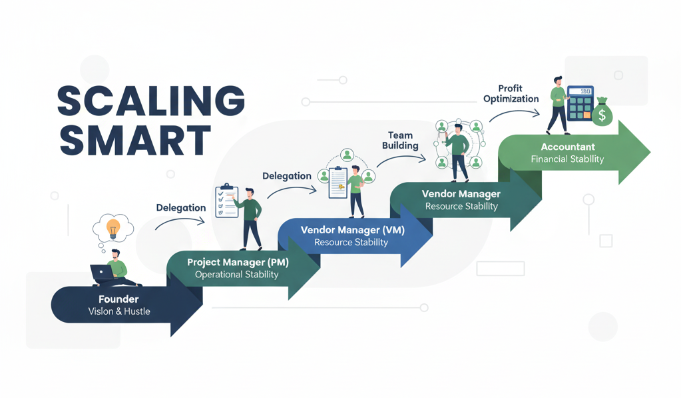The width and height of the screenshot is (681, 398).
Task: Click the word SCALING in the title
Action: pyautogui.click(x=151, y=101)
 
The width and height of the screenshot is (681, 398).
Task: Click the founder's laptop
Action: pyautogui.click(x=103, y=273)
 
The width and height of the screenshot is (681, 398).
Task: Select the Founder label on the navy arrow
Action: pyautogui.click(x=118, y=299)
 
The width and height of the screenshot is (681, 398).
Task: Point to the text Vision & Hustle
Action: pyautogui.click(x=119, y=311)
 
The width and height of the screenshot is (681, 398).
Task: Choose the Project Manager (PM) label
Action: pyautogui.click(x=237, y=263)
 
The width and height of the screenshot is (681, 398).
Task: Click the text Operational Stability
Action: pyautogui.click(x=237, y=275)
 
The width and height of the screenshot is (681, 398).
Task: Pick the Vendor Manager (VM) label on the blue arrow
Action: pyautogui.click(x=352, y=230)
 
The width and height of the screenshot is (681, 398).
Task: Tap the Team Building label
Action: pyautogui.click(x=400, y=141)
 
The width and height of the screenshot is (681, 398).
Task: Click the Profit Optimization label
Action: pyautogui.click(x=511, y=93)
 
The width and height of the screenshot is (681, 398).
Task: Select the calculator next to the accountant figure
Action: pyautogui.click(x=580, y=103)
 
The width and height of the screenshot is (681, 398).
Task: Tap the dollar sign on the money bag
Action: pyautogui.click(x=602, y=116)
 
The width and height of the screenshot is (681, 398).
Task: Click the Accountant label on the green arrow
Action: pyautogui.click(x=568, y=147)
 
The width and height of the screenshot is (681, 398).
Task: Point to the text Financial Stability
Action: pyautogui.click(x=568, y=159)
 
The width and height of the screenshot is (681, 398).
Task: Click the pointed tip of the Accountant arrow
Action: pyautogui.click(x=648, y=153)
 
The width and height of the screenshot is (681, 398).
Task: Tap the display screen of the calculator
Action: pyautogui.click(x=583, y=91)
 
